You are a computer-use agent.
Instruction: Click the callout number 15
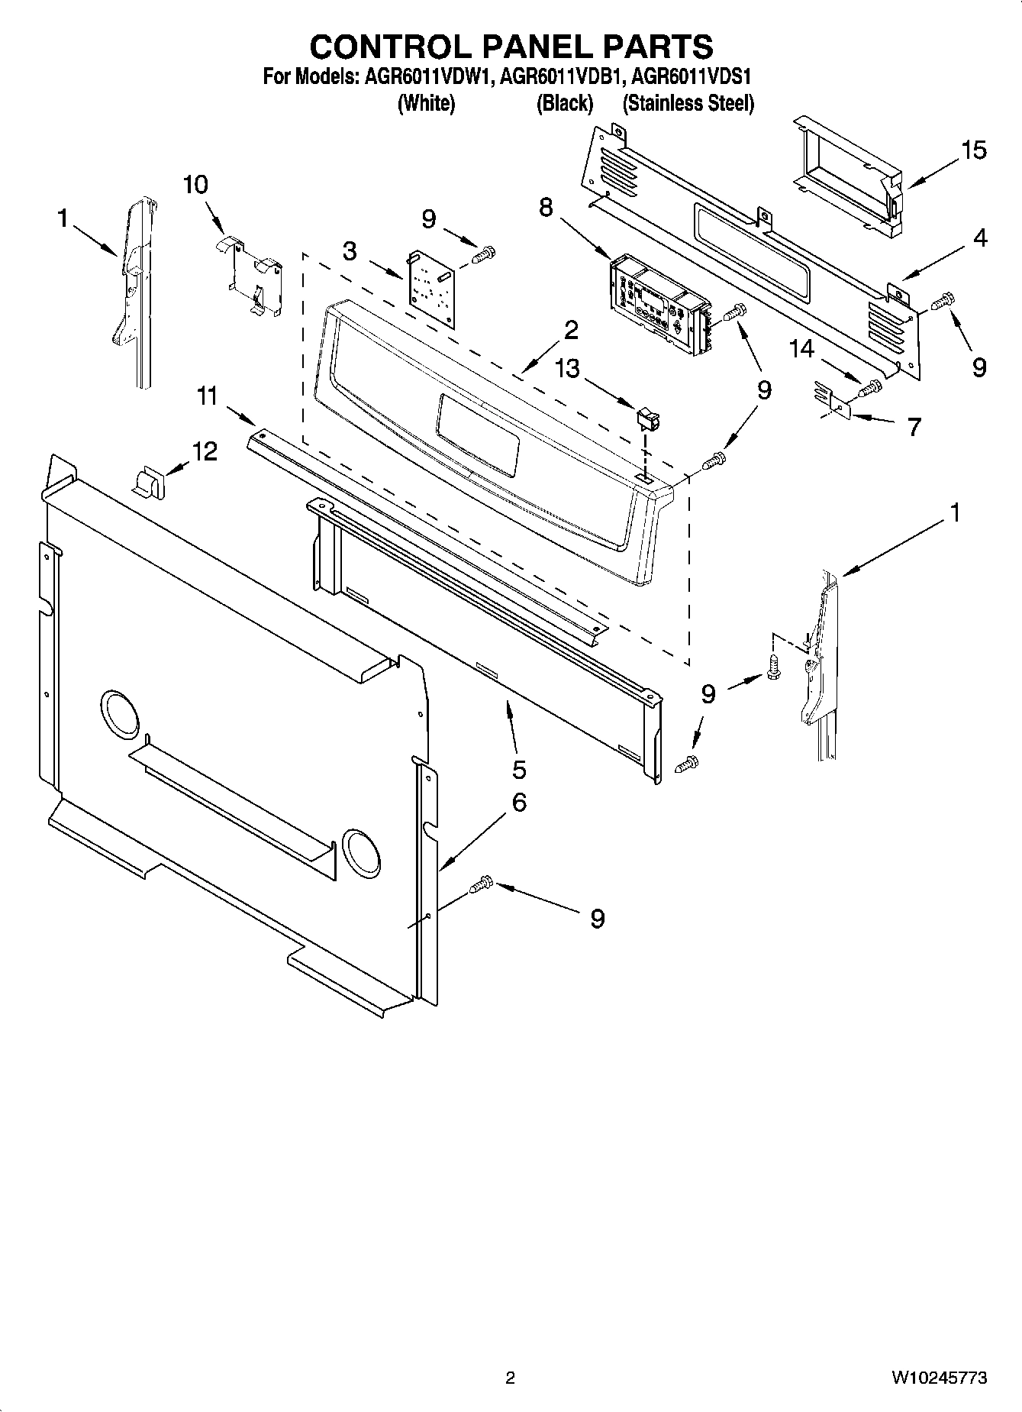pyautogui.click(x=973, y=150)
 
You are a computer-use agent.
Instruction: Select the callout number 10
pyautogui.click(x=195, y=185)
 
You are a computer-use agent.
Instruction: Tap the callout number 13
pyautogui.click(x=568, y=368)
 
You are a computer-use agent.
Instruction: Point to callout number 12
pyautogui.click(x=205, y=451)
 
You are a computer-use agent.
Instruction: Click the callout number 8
pyautogui.click(x=546, y=208)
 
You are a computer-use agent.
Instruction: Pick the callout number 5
pyautogui.click(x=519, y=767)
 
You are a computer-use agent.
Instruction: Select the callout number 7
pyautogui.click(x=914, y=426)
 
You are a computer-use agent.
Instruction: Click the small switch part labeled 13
pyautogui.click(x=647, y=418)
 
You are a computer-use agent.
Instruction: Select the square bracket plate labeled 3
pyautogui.click(x=432, y=289)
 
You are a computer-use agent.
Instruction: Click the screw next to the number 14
pyautogui.click(x=870, y=389)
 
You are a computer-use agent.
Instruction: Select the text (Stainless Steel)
pyautogui.click(x=688, y=104)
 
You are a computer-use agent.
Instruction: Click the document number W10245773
pyautogui.click(x=938, y=1378)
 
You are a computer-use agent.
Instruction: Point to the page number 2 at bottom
pyautogui.click(x=510, y=1378)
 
